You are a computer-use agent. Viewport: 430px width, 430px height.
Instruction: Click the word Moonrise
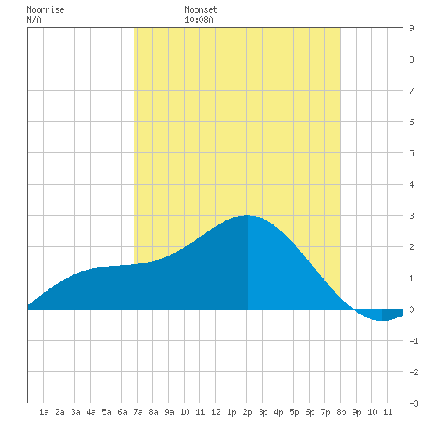coord(45,9)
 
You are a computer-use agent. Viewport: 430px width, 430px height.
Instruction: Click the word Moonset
coord(201,9)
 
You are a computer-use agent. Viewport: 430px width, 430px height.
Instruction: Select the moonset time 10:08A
coord(199,20)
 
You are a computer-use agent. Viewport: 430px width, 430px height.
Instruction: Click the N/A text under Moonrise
coord(34,20)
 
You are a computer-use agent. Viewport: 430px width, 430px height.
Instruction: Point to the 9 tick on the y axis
coord(411,28)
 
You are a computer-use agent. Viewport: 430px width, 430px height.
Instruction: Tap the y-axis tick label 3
coord(411,216)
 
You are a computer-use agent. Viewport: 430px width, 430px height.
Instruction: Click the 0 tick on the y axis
coord(411,310)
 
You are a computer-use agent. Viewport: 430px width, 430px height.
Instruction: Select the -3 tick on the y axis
coord(414,403)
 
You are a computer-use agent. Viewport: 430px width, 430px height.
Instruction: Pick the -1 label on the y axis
coord(414,341)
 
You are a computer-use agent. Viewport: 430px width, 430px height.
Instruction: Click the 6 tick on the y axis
coord(411,122)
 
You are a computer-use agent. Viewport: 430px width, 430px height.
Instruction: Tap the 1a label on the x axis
coord(44,412)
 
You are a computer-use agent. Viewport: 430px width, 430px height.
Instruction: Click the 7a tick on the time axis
coord(138,412)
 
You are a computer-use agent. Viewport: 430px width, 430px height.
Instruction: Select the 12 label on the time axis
coord(216,412)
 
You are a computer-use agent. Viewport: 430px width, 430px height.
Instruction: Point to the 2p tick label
coord(247,412)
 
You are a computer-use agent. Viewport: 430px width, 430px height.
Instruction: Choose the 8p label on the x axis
coord(341,412)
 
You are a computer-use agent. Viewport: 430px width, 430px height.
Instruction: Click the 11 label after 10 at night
coord(388,412)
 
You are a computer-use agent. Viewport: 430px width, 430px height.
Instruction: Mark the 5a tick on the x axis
coord(106,412)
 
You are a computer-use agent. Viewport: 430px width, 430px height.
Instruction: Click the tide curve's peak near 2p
coord(247,216)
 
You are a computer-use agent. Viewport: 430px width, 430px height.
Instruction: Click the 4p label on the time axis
coord(278,412)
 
